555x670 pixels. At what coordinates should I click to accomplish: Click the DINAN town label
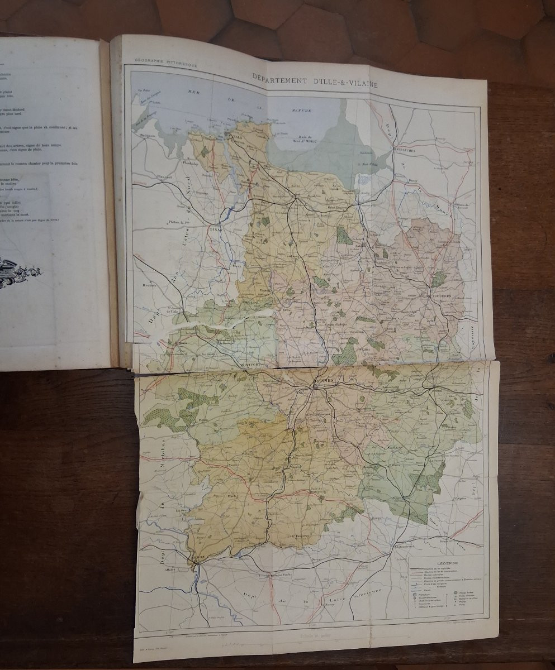pos(216,228)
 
